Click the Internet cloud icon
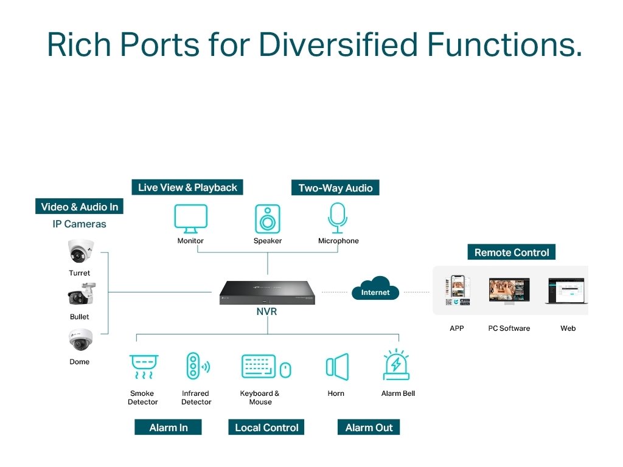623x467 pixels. point(375,289)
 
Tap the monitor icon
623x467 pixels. point(190,219)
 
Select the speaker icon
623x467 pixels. point(268,218)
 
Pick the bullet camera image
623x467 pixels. point(80,294)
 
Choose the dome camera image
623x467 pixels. point(80,341)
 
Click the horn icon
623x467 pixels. point(336,367)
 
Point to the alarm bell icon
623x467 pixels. point(397,365)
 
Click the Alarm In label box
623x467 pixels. point(168,427)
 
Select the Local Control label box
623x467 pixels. point(266,427)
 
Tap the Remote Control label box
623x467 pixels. point(511,252)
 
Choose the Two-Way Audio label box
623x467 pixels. point(335,188)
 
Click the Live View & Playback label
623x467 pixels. point(187,187)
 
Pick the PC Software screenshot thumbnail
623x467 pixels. point(509,291)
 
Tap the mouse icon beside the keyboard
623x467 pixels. point(285,369)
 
